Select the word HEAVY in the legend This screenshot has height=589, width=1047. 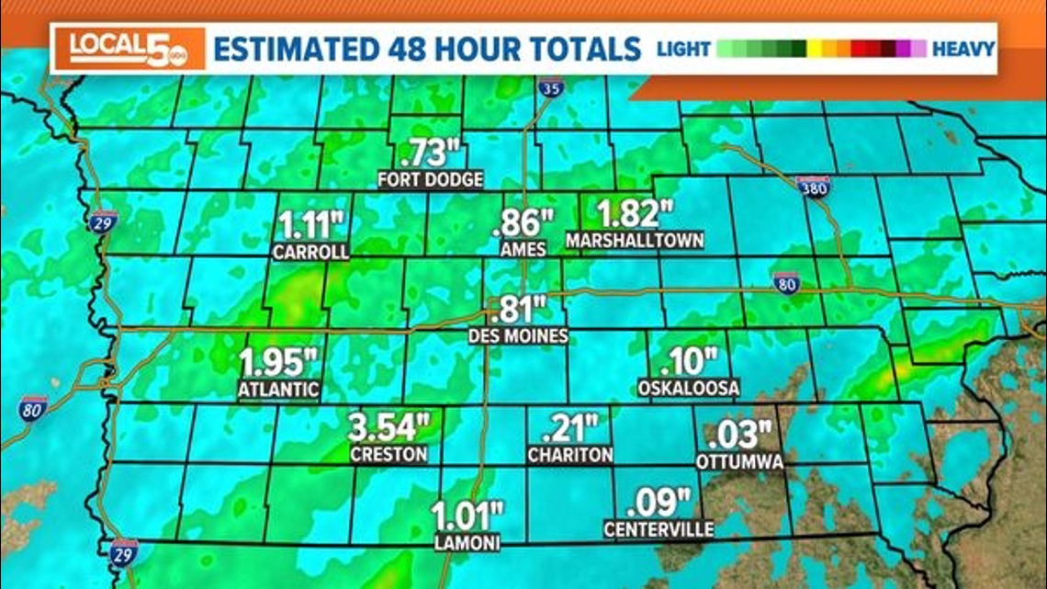(x=963, y=49)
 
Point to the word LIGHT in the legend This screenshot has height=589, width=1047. (x=684, y=49)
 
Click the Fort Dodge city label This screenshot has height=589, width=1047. (x=430, y=180)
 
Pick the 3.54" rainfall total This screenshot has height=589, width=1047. (x=389, y=427)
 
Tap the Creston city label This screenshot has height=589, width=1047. (x=388, y=454)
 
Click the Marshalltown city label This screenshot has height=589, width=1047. (x=636, y=241)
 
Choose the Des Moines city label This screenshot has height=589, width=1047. (x=518, y=336)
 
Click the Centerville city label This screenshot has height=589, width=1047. (x=659, y=529)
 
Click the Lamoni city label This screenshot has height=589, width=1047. (x=467, y=543)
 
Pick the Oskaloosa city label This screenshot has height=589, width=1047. (x=689, y=389)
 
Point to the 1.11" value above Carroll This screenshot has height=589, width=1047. (x=310, y=224)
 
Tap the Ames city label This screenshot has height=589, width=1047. (x=524, y=249)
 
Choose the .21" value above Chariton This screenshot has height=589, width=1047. (x=570, y=427)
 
